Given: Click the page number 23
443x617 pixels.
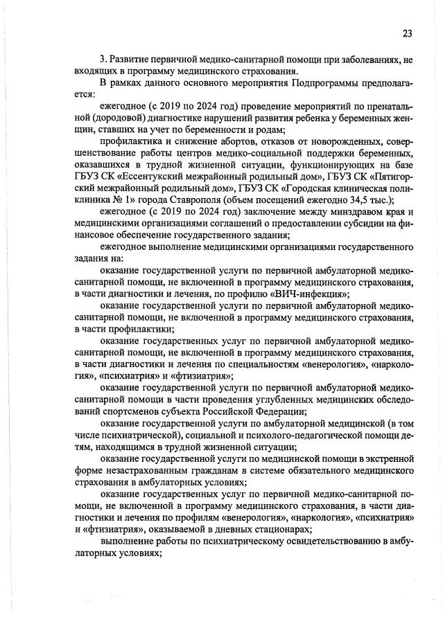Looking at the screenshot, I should tap(407, 33).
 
